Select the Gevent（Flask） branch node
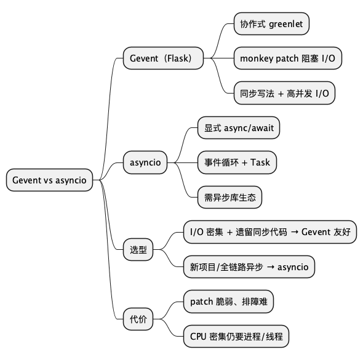point(163,58)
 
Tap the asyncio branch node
point(145,162)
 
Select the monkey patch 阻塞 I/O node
point(287,58)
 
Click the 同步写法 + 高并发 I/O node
point(284,94)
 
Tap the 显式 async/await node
point(239,128)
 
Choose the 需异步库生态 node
point(229,198)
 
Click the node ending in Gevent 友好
point(269,232)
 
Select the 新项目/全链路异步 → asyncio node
point(250,267)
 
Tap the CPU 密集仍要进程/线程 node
point(236,337)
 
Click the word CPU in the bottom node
point(198,337)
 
